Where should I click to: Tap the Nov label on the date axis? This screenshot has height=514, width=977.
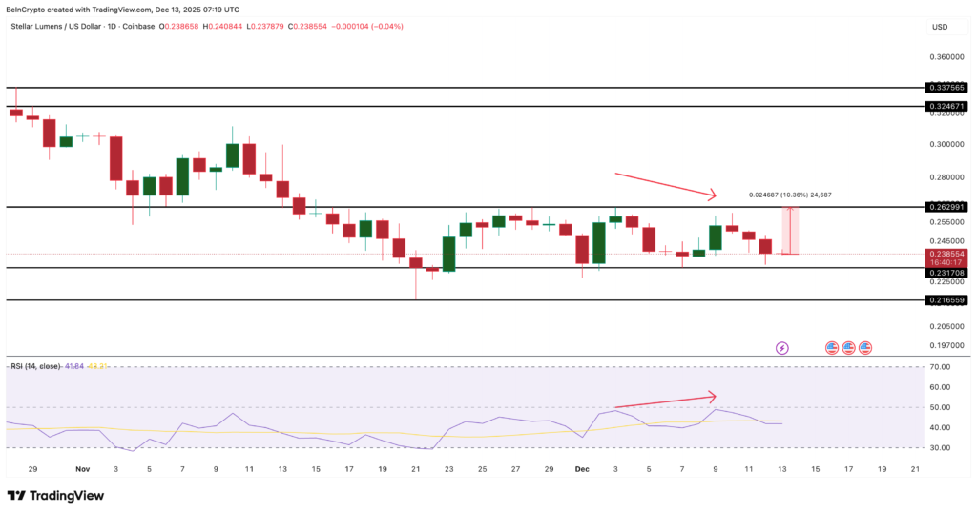point(81,469)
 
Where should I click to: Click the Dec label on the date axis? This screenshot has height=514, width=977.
point(582,469)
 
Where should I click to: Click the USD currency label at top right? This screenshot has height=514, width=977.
point(939,27)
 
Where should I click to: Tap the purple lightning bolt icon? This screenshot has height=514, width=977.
point(782,348)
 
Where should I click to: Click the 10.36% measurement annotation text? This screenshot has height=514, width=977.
point(790,195)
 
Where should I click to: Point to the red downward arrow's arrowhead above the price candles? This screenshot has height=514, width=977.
point(714,196)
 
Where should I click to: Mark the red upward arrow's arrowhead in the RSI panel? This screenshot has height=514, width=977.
point(713,395)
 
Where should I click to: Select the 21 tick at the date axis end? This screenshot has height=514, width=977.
point(915,469)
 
